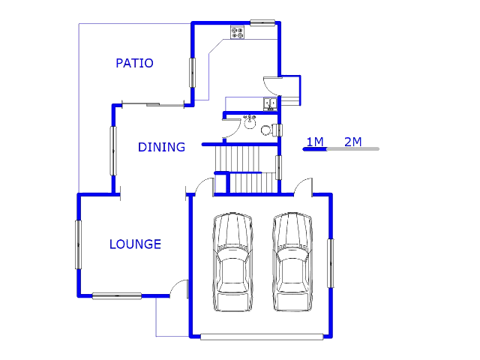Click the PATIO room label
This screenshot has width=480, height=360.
click(134, 63)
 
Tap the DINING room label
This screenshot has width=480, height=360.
click(162, 147)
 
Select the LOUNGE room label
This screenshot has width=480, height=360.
click(135, 244)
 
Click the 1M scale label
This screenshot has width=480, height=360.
click(315, 142)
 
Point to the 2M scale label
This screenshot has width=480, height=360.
click(353, 142)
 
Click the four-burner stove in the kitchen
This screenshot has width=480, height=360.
click(238, 32)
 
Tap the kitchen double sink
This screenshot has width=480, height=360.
click(270, 104)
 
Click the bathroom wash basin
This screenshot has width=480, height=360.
click(250, 122)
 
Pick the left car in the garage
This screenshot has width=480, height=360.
click(233, 262)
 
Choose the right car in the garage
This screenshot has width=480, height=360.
click(292, 262)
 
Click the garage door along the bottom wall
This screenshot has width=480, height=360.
click(262, 337)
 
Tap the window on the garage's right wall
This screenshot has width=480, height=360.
click(331, 263)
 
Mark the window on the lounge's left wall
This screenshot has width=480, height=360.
click(78, 244)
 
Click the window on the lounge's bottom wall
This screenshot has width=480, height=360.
click(117, 296)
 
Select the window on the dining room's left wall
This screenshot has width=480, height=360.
click(113, 151)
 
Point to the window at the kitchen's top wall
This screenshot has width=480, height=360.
click(262, 22)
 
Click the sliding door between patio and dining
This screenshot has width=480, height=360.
click(153, 105)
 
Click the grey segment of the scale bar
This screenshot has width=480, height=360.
click(353, 149)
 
